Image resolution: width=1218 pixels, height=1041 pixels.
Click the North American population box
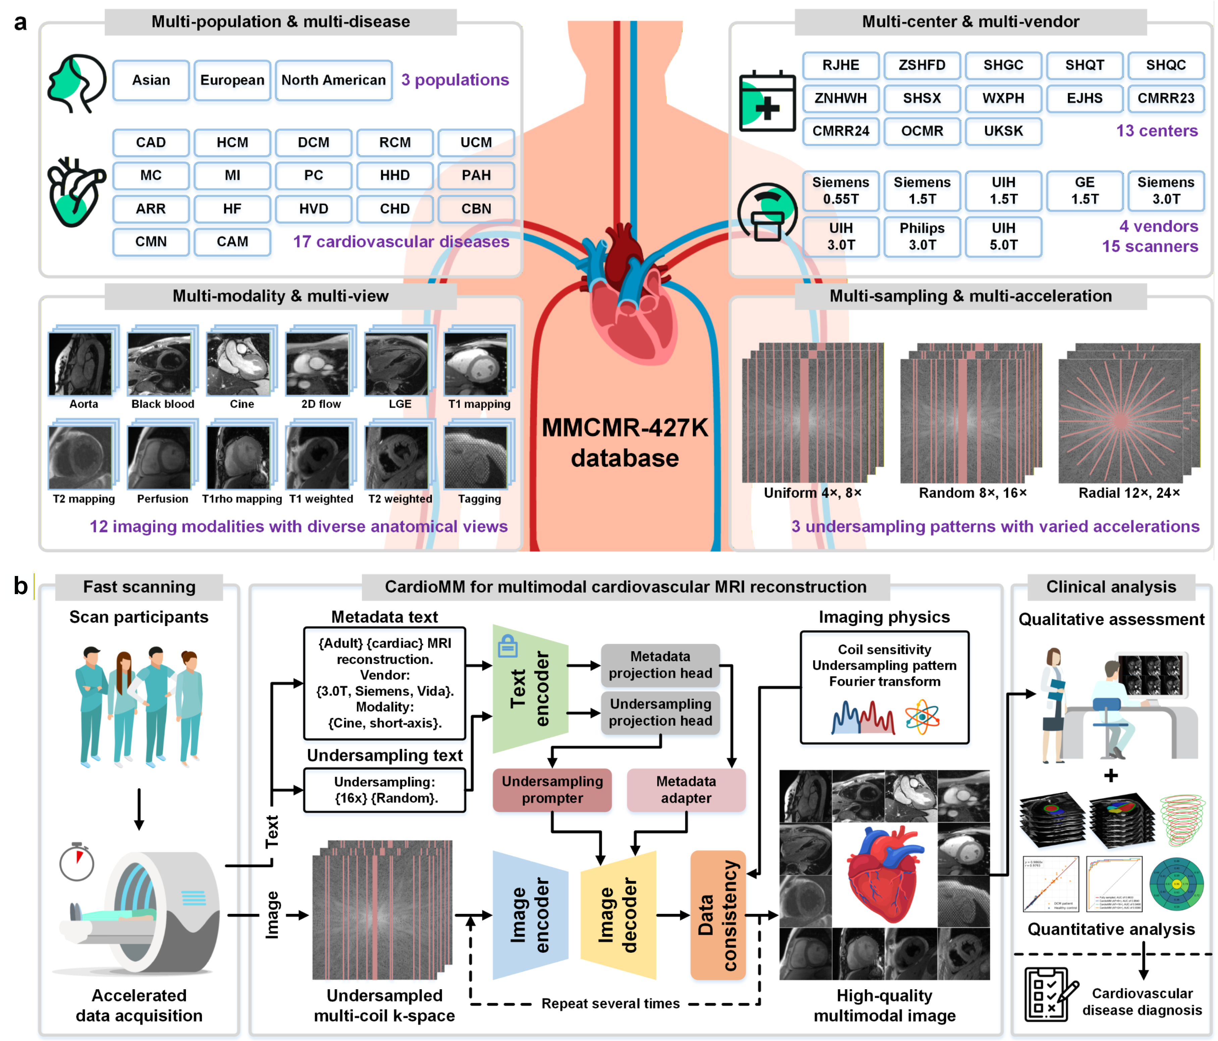(x=333, y=80)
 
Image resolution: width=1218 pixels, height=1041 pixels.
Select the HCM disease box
(x=232, y=143)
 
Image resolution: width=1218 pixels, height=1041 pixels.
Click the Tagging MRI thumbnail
(x=476, y=457)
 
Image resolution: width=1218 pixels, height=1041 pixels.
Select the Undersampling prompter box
(x=552, y=790)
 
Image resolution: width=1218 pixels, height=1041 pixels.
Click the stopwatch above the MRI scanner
(x=76, y=862)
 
